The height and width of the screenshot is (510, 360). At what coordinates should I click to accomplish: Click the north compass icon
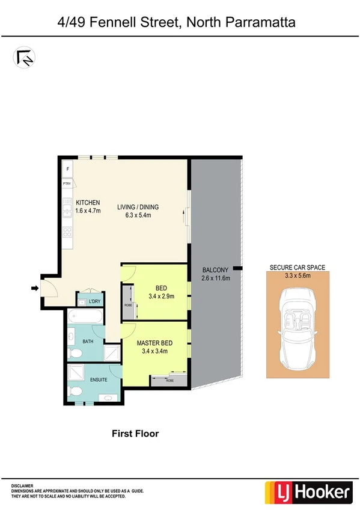coord(25,57)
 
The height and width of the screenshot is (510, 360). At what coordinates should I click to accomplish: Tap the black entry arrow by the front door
coord(35,289)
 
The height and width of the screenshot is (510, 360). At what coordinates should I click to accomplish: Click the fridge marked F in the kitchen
coord(67,169)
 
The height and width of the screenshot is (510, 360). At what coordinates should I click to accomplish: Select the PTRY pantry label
coord(67,183)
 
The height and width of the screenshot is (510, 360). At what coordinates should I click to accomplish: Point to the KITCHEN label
coord(88,203)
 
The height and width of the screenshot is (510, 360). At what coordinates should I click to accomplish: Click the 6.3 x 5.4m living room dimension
coord(138,215)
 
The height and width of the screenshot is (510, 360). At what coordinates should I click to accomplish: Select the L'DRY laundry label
coord(95,301)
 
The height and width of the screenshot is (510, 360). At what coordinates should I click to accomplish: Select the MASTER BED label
coord(155,343)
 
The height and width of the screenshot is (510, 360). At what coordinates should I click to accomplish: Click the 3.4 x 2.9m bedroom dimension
coord(161,296)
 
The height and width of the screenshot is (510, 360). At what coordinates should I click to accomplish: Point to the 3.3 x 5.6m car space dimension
coord(298,276)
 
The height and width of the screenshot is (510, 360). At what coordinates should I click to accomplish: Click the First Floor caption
coord(136,433)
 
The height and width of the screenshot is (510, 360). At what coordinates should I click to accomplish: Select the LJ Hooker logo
coord(309,493)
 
